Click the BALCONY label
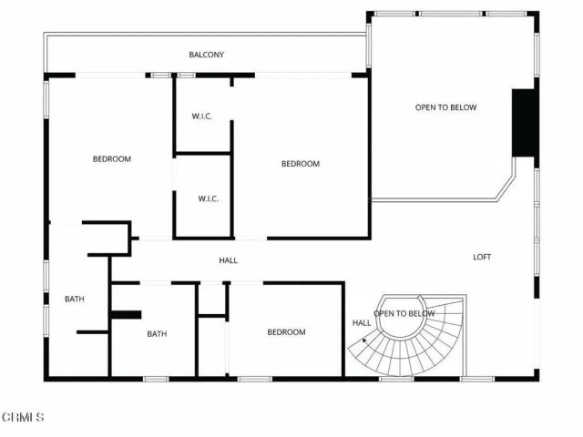207,56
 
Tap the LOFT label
482,257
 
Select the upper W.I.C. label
202,116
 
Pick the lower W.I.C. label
209,199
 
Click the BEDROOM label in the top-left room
112,159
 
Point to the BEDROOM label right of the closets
300,164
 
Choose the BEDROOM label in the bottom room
286,332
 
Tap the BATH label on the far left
75,299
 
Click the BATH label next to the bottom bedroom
157,334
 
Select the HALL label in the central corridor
228,260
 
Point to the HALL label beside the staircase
362,323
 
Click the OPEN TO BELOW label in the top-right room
445,107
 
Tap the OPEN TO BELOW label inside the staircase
404,314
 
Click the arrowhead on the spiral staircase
365,340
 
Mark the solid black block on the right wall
523,123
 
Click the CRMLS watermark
23,418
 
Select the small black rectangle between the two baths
127,315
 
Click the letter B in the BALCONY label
191,56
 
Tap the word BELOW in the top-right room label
464,107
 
